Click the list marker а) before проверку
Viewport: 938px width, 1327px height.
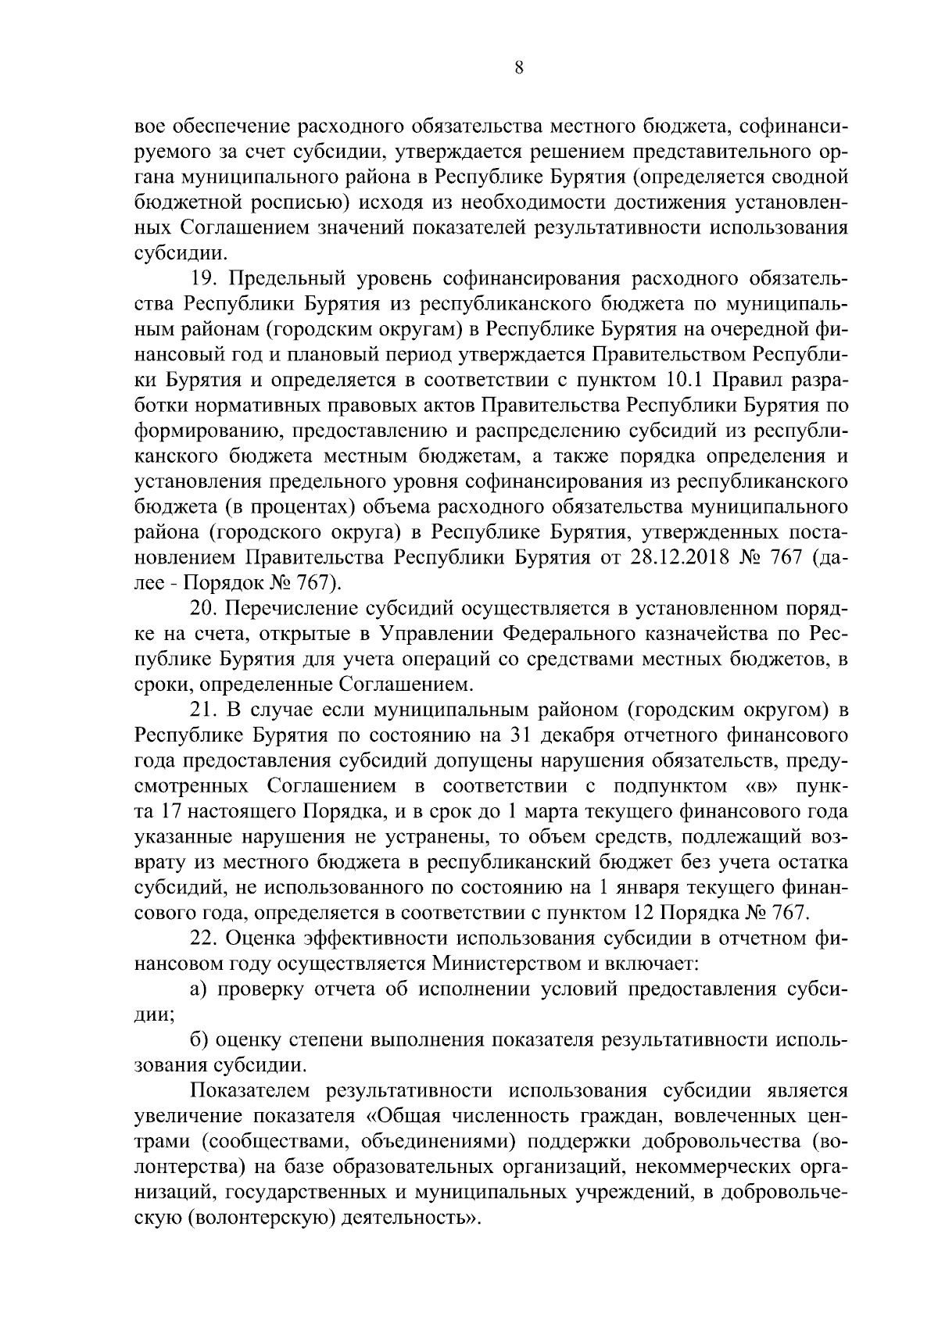point(200,989)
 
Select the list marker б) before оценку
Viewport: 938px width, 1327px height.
point(200,1040)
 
